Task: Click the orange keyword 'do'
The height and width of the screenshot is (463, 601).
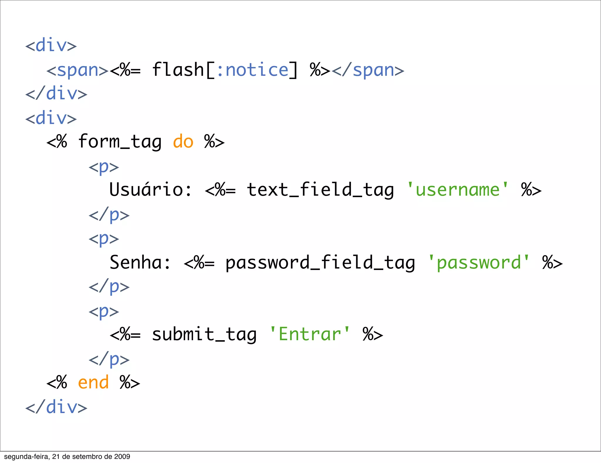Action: pyautogui.click(x=183, y=142)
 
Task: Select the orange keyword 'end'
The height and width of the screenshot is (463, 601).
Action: pyautogui.click(x=93, y=383)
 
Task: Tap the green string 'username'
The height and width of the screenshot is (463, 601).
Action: pyautogui.click(x=457, y=190)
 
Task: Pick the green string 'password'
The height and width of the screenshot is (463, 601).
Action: pyautogui.click(x=479, y=262)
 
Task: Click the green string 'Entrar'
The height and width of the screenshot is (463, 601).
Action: pyautogui.click(x=310, y=334)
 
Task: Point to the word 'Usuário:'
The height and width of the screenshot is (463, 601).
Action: pyautogui.click(x=151, y=190)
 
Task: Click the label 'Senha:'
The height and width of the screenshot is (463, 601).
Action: pyautogui.click(x=140, y=262)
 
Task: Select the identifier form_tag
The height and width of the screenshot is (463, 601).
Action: pyautogui.click(x=120, y=142)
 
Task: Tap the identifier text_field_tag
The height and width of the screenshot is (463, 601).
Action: pyautogui.click(x=320, y=190)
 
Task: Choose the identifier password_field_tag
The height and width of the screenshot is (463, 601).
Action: pyautogui.click(x=320, y=262)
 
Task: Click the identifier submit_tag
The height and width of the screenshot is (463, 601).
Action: pyautogui.click(x=204, y=334)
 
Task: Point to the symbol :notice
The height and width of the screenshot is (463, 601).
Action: pyautogui.click(x=253, y=70)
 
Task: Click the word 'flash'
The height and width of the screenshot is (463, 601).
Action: pyautogui.click(x=178, y=70)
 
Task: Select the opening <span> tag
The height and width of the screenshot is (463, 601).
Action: pyautogui.click(x=77, y=70)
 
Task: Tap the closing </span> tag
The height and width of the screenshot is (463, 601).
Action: pyautogui.click(x=368, y=70)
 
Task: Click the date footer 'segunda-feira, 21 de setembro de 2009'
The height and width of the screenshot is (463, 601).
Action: pyautogui.click(x=67, y=457)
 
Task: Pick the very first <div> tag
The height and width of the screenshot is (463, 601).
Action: pyautogui.click(x=51, y=46)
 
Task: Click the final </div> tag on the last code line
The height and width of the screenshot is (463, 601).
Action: pyautogui.click(x=56, y=407)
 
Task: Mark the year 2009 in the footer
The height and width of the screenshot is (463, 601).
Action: pyautogui.click(x=122, y=457)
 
